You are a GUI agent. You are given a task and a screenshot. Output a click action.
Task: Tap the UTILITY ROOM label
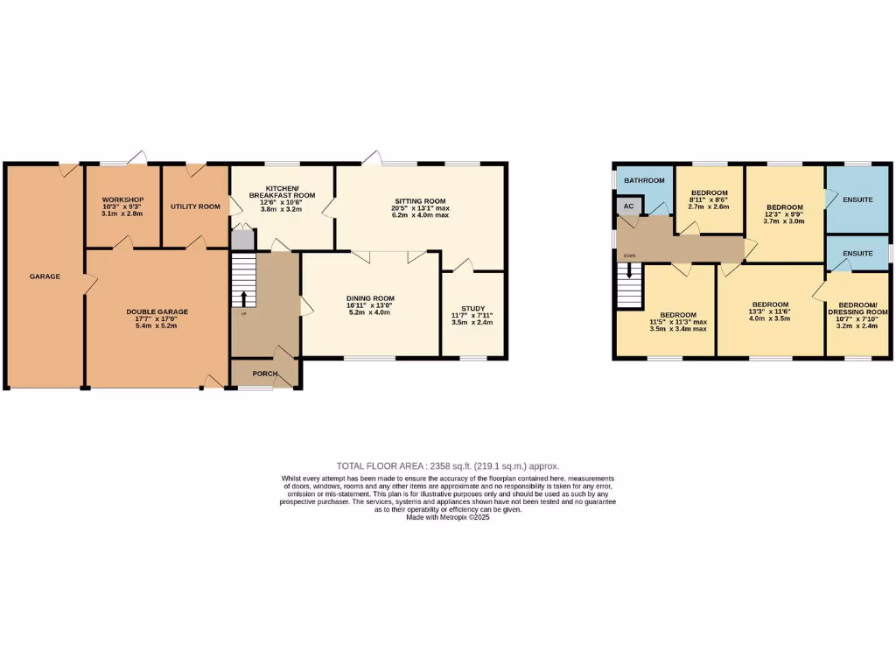tap(195, 206)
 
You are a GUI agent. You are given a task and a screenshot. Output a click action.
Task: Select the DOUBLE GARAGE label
tap(157, 311)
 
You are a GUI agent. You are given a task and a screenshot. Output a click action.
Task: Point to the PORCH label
tap(264, 374)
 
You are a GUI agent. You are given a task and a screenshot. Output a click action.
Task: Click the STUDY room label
tap(472, 307)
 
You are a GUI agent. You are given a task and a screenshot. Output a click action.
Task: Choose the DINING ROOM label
tap(368, 298)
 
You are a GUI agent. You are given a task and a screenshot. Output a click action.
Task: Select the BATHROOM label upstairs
tap(643, 180)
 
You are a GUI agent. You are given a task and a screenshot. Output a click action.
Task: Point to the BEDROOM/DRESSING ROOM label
tap(857, 307)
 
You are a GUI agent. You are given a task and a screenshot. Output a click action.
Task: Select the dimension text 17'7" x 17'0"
tap(157, 319)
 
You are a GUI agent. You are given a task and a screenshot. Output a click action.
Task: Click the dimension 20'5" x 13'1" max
tap(420, 208)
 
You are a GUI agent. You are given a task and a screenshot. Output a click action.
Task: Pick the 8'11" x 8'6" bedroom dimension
tap(709, 200)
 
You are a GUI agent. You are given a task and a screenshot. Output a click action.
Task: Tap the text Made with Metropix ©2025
tap(447, 517)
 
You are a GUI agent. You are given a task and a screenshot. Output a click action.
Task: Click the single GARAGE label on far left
tap(45, 276)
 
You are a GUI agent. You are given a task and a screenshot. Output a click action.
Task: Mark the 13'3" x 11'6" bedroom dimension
tap(770, 311)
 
